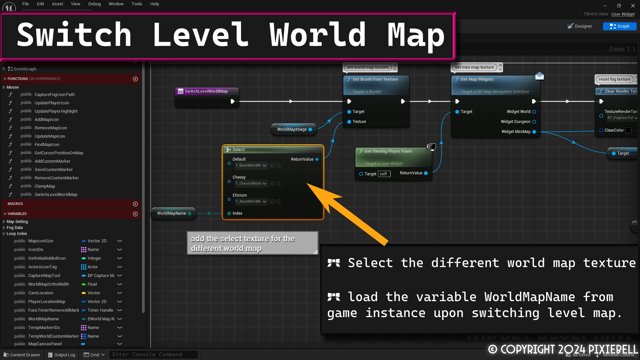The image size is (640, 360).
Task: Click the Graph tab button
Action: click(x=619, y=26)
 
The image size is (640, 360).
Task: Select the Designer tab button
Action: click(x=580, y=26)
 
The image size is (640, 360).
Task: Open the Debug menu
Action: click(x=94, y=4)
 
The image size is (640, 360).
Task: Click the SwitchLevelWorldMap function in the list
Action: click(x=56, y=195)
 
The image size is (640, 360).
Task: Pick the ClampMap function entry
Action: click(x=45, y=186)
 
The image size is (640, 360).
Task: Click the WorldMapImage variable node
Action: click(x=292, y=129)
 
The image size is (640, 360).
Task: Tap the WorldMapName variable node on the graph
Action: click(x=171, y=213)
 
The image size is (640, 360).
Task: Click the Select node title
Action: click(x=239, y=150)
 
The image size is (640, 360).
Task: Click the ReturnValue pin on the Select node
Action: click(x=317, y=159)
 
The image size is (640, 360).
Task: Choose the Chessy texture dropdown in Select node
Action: click(x=251, y=184)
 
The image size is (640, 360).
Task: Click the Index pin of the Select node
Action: click(x=229, y=213)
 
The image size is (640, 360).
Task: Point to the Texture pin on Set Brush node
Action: click(x=349, y=122)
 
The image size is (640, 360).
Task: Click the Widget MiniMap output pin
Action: click(x=534, y=132)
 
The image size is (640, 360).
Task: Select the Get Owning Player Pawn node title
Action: click(x=388, y=151)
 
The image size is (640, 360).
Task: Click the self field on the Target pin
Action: click(x=384, y=174)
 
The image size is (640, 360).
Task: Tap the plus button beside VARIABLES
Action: click(x=135, y=214)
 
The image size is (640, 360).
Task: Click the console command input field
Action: click(x=153, y=355)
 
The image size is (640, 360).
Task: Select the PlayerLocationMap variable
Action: click(x=47, y=302)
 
